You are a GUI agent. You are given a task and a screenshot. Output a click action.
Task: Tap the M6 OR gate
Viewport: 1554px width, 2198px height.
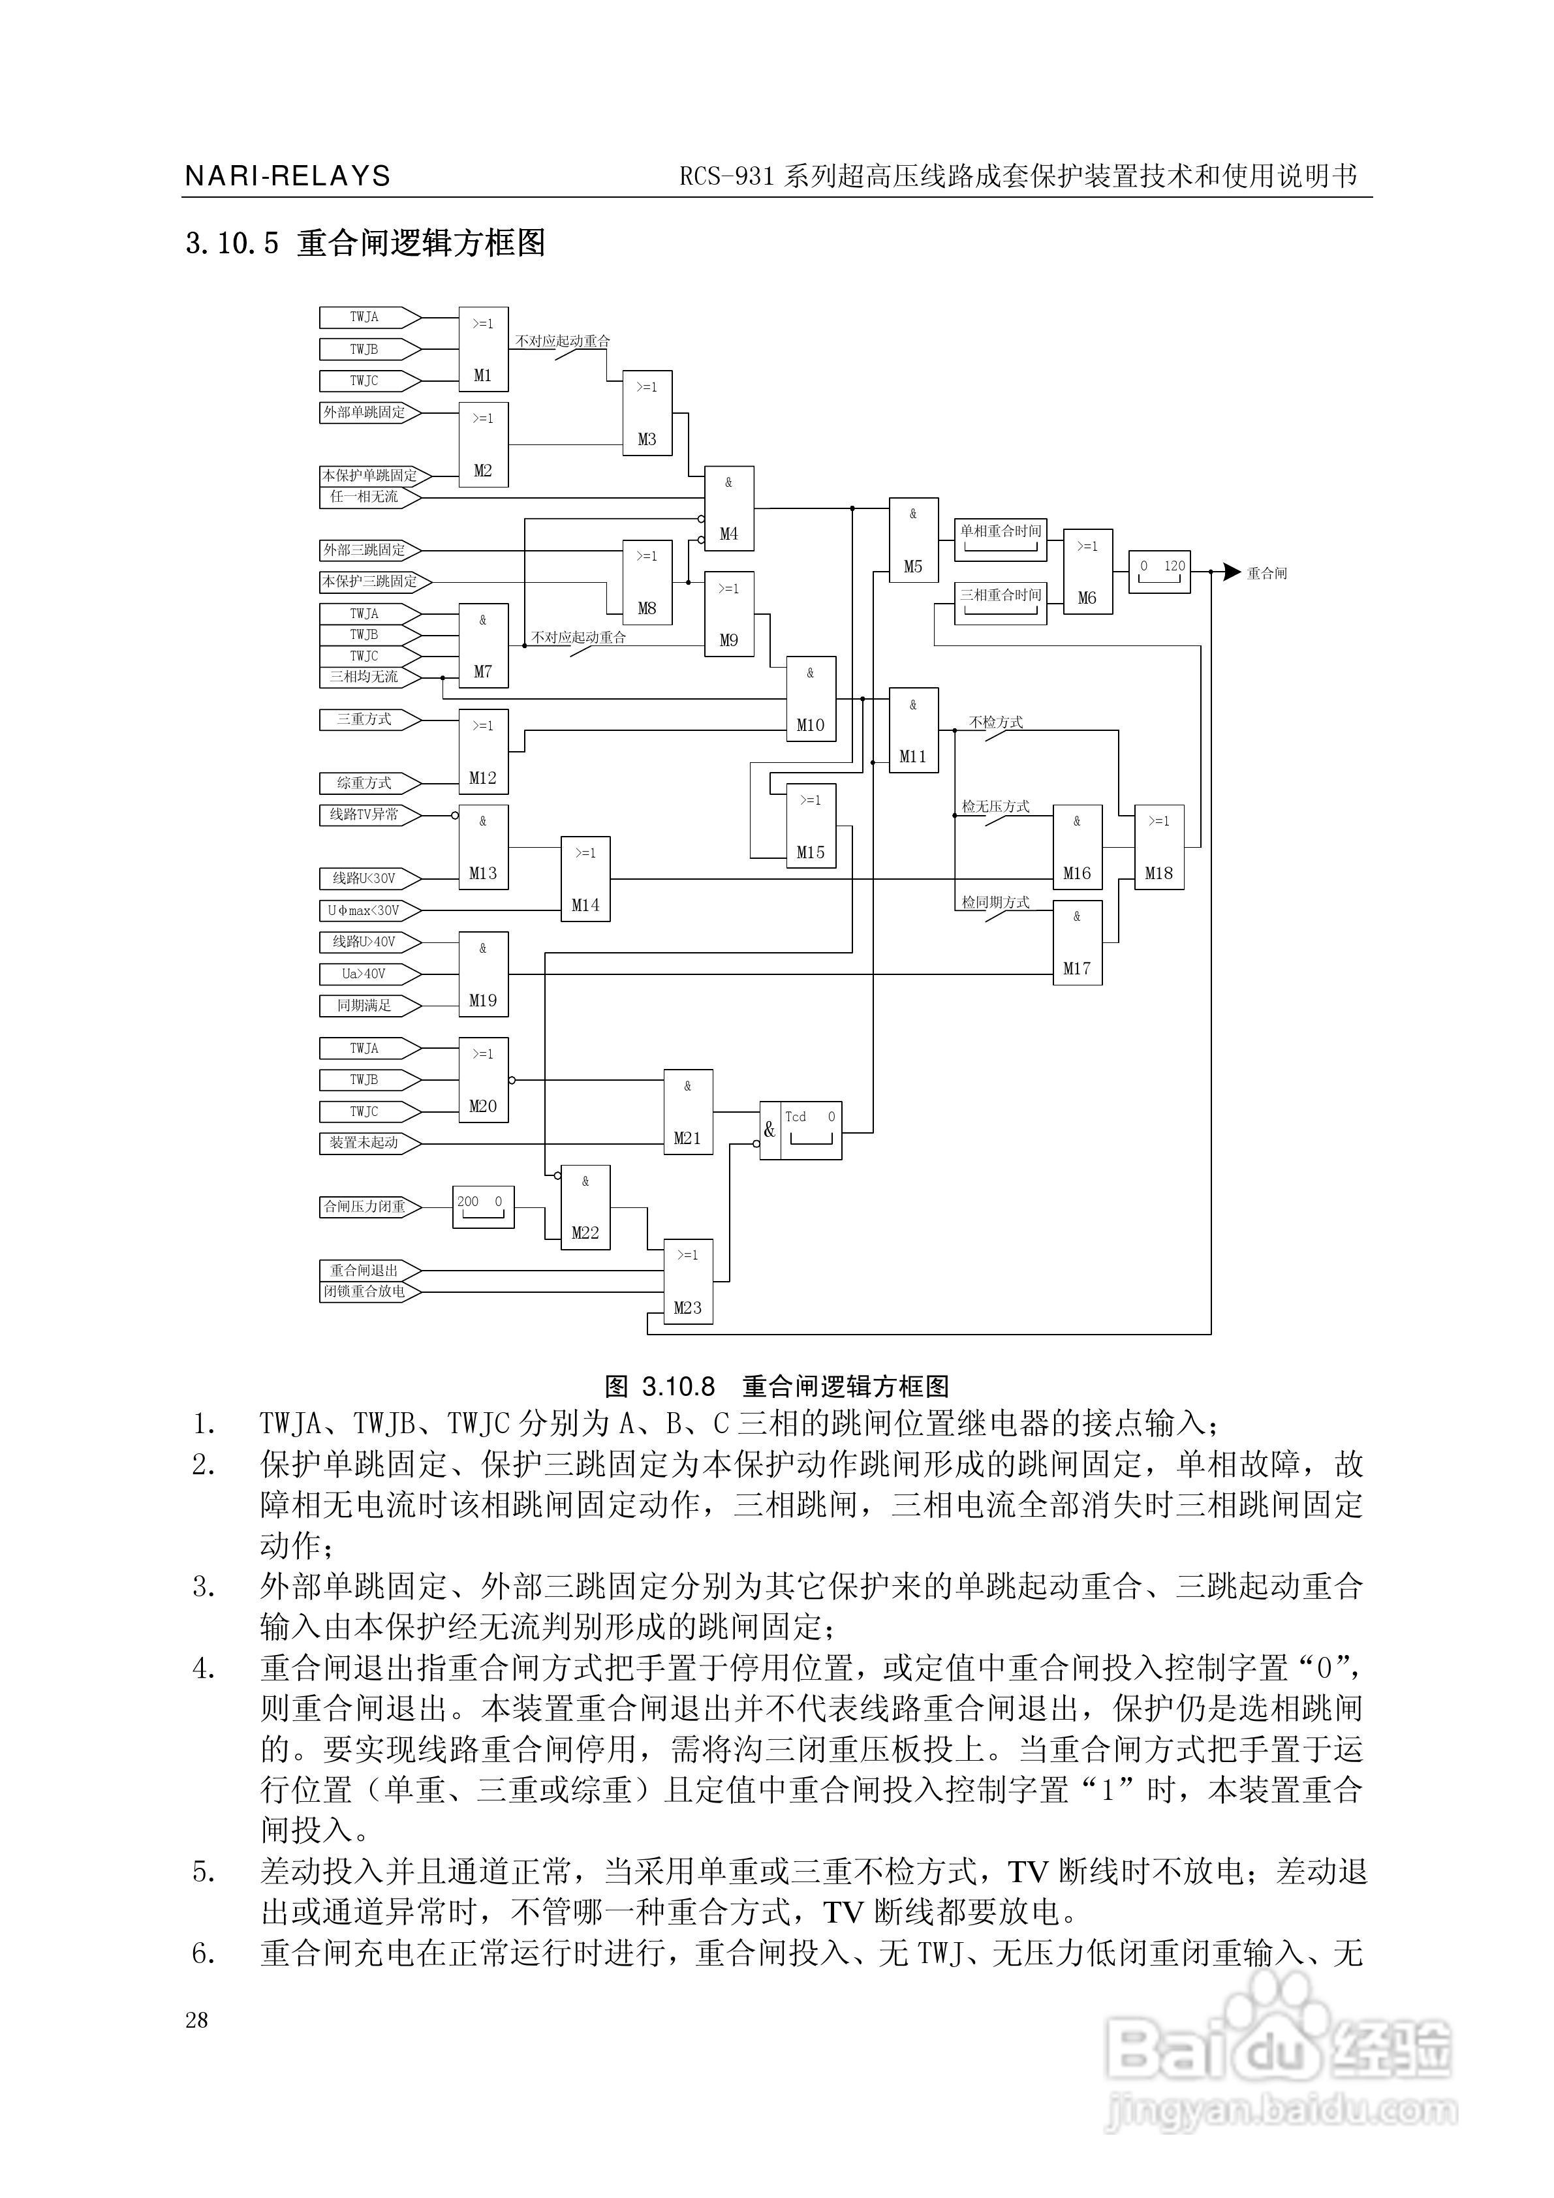coord(1088,572)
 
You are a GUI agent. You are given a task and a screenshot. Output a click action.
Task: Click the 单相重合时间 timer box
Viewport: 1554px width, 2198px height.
coord(1001,540)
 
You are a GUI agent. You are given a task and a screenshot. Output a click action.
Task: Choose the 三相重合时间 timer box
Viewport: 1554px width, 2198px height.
coord(1001,603)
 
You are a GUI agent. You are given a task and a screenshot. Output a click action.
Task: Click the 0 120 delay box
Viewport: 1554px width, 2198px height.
coord(1160,572)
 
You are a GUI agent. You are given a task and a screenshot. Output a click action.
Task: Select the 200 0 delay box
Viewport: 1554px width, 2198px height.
coord(482,1207)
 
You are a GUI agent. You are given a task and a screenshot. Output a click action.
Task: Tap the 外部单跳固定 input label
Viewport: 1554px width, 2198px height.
coord(365,412)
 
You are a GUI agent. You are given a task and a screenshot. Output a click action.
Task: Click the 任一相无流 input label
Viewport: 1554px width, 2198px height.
coord(365,497)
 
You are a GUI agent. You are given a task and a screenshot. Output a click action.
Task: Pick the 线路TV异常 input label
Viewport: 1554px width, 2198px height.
coord(365,814)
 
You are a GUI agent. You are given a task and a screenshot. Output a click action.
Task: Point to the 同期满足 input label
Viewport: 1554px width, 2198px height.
coord(365,1005)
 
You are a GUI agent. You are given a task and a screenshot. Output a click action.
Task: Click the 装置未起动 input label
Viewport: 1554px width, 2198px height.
coord(365,1142)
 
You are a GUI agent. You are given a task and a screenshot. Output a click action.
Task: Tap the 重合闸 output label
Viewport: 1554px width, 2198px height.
coord(1267,574)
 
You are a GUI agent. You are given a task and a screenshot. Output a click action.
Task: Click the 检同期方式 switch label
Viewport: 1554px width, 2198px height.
coord(996,902)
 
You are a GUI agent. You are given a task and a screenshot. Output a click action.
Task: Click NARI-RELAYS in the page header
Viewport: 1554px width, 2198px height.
coord(287,177)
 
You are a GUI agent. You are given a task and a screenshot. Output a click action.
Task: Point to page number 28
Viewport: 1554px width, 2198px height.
coord(196,2020)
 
